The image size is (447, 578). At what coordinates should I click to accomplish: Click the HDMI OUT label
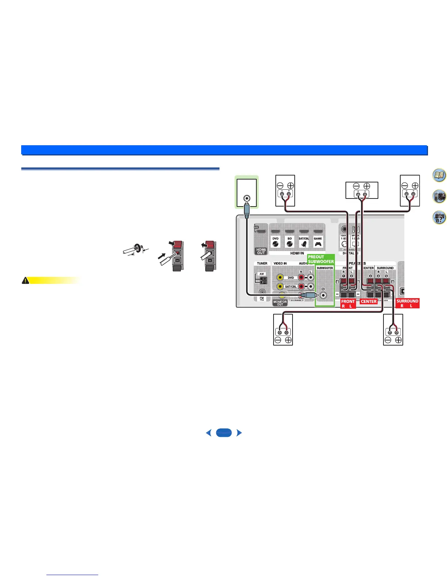click(x=261, y=251)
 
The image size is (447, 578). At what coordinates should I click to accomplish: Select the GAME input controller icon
click(x=318, y=244)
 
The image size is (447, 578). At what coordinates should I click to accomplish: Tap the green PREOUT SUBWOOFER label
click(x=321, y=259)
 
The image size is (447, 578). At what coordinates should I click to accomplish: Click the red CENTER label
click(x=368, y=301)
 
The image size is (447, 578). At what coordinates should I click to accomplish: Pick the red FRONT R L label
click(x=348, y=304)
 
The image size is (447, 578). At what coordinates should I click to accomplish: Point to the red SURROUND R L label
click(x=407, y=303)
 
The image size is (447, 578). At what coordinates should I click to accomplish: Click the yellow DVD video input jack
click(x=280, y=278)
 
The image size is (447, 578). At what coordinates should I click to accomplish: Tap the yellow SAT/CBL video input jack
click(x=280, y=286)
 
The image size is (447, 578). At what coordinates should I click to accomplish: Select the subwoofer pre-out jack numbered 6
click(x=323, y=295)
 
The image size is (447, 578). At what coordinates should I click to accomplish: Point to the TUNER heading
click(x=262, y=263)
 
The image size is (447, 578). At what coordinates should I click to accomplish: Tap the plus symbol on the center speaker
click(x=367, y=186)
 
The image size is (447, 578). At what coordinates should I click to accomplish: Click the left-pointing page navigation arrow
click(x=209, y=433)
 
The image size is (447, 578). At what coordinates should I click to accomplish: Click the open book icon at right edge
click(x=439, y=176)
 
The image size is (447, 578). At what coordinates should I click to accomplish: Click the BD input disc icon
click(x=290, y=244)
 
